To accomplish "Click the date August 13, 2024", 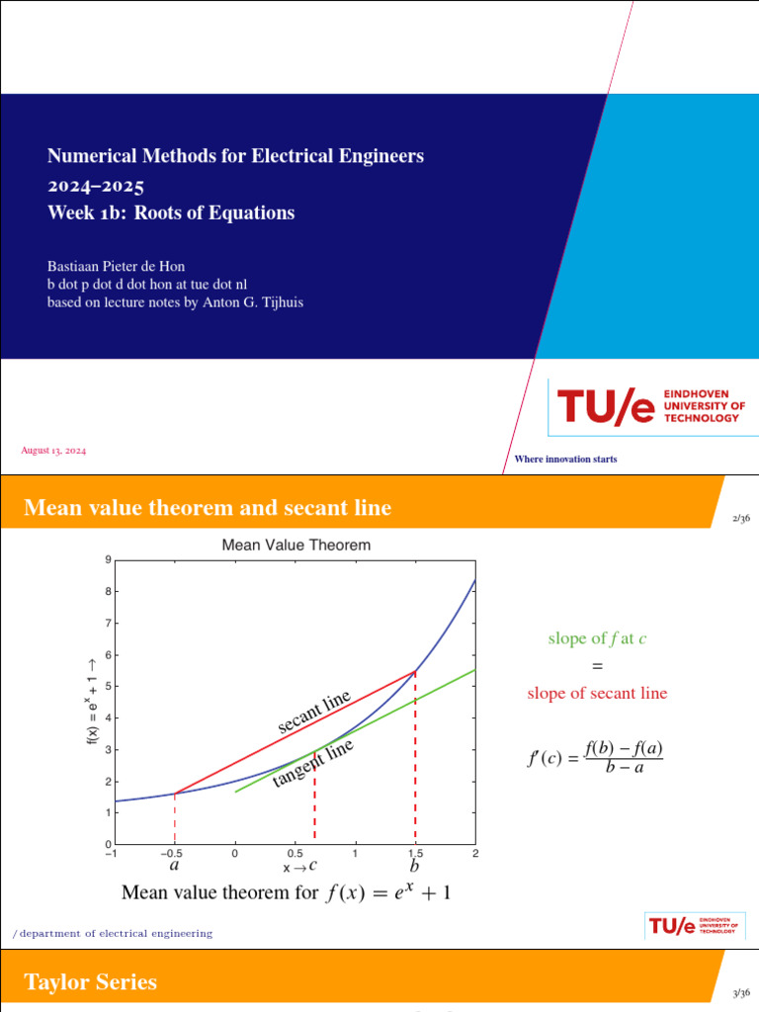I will click(53, 451).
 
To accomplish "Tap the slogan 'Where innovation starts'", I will click(565, 459).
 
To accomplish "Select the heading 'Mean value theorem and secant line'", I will click(208, 508).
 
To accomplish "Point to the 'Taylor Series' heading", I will click(90, 981).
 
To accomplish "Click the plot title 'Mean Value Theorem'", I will click(296, 545).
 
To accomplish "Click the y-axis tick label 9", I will click(107, 560).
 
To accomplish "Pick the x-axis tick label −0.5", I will click(174, 853).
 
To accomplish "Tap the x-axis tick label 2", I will click(475, 853).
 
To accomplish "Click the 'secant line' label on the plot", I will click(314, 713).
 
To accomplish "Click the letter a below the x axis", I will click(174, 866).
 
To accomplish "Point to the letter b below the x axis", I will click(414, 867).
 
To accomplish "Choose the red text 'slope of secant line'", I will click(597, 693).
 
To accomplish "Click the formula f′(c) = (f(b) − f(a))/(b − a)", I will click(596, 757).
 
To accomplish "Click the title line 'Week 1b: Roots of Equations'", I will click(171, 212).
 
